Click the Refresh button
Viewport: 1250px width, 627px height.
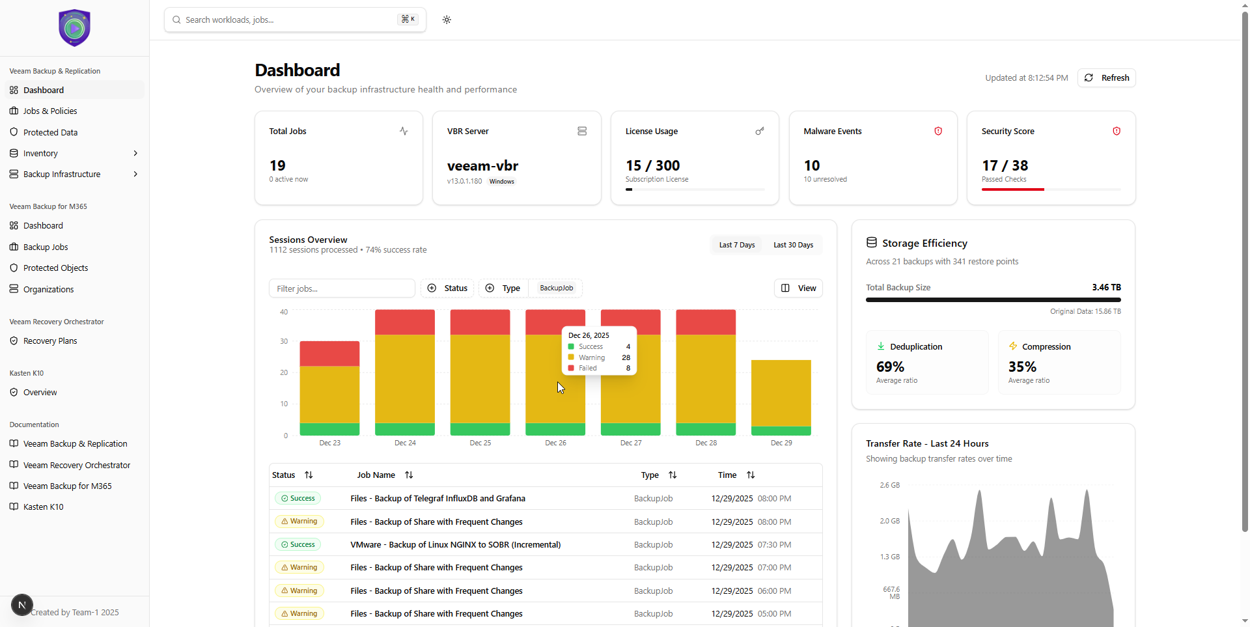1106,77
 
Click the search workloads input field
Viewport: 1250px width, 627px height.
286,20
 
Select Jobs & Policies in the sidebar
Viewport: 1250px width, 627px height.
50,111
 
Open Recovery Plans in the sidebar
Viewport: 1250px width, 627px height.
50,341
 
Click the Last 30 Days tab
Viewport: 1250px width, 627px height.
793,245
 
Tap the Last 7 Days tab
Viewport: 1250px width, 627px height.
736,245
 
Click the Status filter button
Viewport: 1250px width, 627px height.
447,288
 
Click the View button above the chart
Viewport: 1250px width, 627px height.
798,288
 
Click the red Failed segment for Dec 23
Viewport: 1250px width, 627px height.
329,354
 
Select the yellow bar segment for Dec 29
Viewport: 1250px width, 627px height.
781,393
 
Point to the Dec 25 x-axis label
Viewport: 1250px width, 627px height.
480,443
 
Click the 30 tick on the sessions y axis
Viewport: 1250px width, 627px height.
284,341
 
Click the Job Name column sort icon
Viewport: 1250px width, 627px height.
409,475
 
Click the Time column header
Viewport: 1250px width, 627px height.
727,475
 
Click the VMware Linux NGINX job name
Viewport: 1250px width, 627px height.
455,545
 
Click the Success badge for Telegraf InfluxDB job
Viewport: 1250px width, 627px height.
298,499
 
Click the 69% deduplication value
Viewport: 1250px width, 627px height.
890,367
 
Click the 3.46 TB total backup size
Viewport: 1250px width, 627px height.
1106,287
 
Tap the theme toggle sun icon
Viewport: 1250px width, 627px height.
447,20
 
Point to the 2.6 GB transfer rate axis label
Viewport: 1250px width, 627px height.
889,485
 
